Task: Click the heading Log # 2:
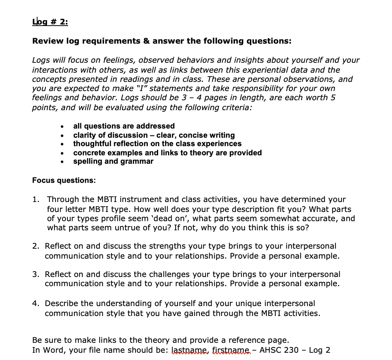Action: (x=50, y=22)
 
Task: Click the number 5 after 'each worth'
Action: (x=333, y=98)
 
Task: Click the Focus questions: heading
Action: (x=64, y=180)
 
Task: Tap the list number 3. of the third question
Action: (x=36, y=274)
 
